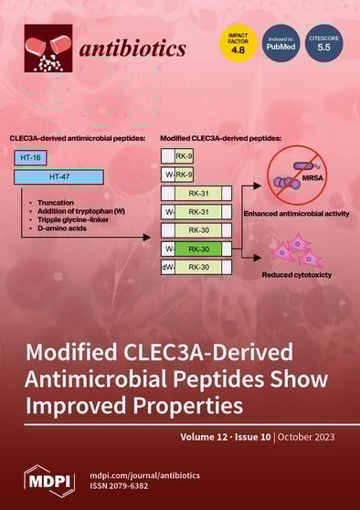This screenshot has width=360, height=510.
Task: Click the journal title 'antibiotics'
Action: click(x=135, y=48)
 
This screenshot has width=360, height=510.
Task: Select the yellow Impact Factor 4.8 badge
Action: click(x=237, y=45)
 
